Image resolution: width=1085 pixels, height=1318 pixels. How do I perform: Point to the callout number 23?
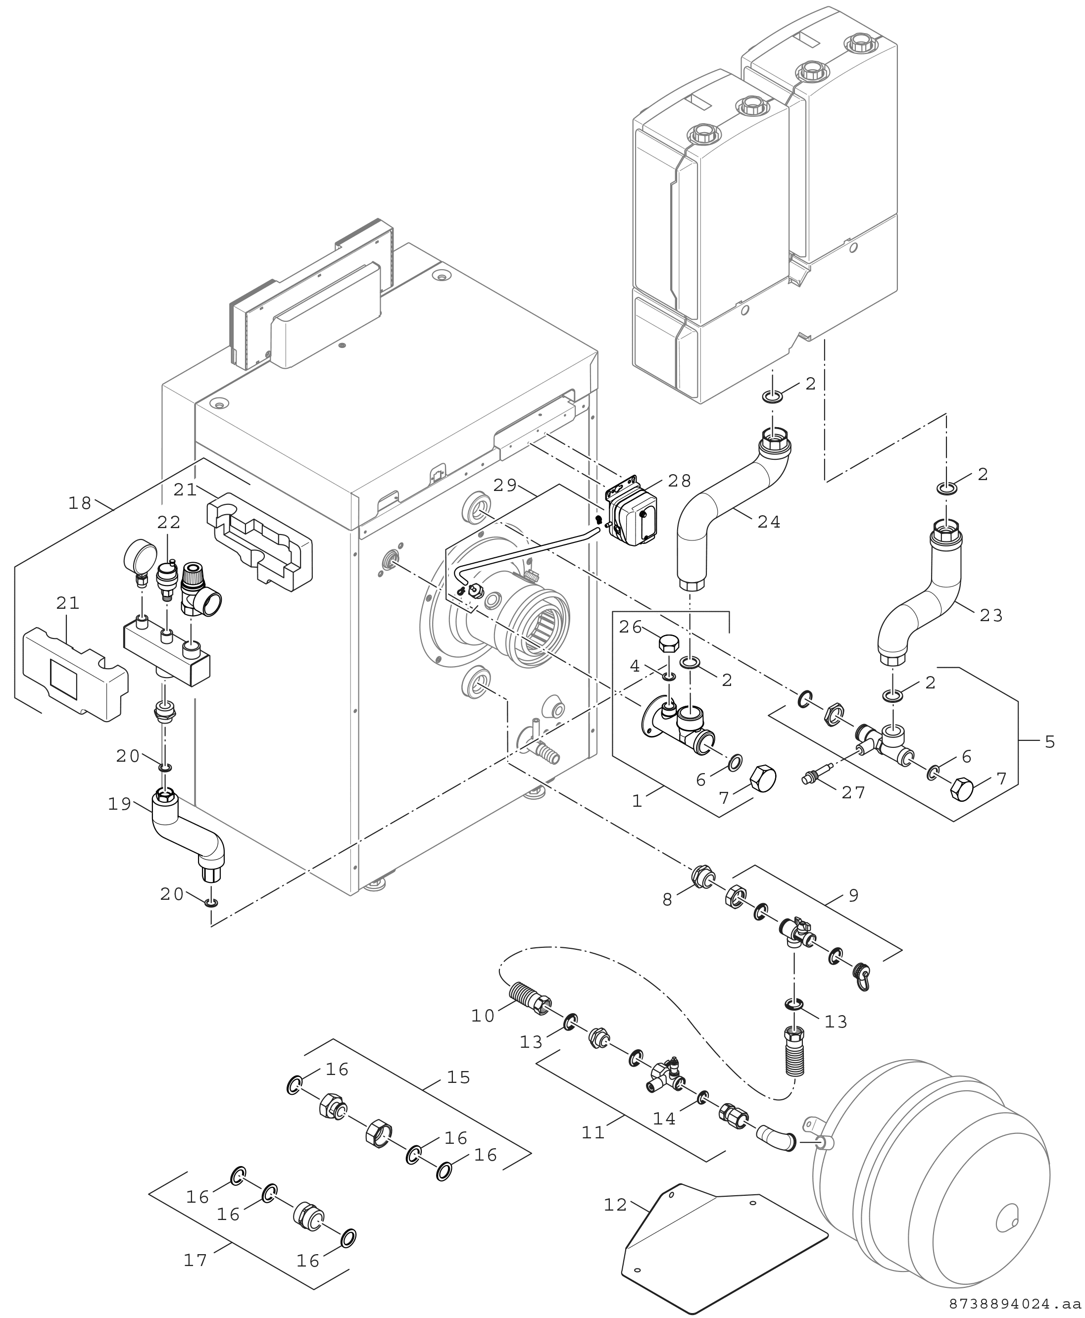(990, 616)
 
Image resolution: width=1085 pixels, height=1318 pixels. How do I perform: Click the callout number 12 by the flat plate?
(616, 1204)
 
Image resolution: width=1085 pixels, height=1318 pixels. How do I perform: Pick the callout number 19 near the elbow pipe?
(120, 804)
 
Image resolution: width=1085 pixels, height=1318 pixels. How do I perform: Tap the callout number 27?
(853, 792)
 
